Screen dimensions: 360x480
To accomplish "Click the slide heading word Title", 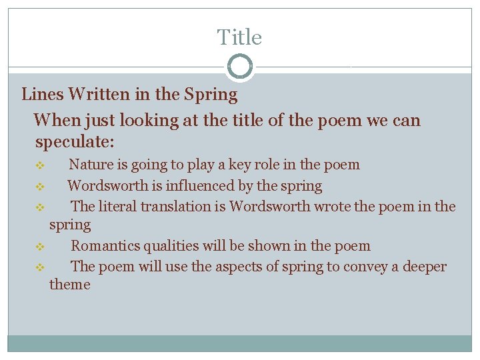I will (x=239, y=37).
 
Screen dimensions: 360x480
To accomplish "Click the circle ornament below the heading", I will (x=239, y=67).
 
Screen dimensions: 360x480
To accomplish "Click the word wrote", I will (x=333, y=206).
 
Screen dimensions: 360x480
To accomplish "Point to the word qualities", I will (x=167, y=246).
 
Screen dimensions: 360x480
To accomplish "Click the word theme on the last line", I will (x=69, y=285).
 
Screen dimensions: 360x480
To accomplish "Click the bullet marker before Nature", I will (x=39, y=165).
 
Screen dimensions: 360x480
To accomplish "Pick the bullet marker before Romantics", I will (x=39, y=247).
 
